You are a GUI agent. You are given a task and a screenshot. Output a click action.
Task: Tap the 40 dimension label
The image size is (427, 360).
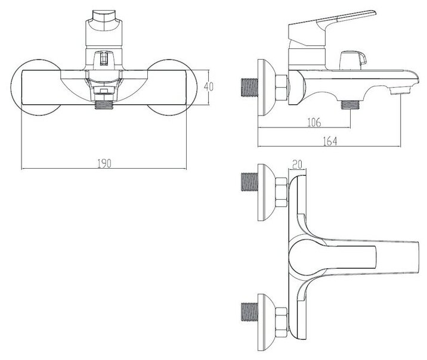(208, 86)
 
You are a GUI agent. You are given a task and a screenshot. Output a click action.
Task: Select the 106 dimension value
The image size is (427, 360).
(314, 122)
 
